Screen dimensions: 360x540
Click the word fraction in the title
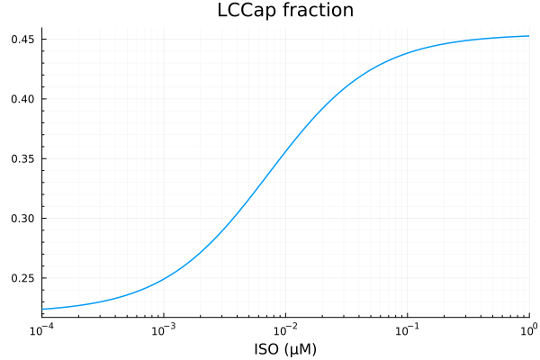click(315, 11)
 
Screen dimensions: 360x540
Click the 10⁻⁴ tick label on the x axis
click(42, 329)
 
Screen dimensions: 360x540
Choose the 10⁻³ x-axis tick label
click(164, 329)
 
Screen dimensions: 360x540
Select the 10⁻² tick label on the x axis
click(285, 329)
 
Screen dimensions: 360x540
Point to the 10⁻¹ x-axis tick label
click(408, 329)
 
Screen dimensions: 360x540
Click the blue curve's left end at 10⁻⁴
click(42, 309)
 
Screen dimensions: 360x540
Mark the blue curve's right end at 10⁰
click(529, 36)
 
